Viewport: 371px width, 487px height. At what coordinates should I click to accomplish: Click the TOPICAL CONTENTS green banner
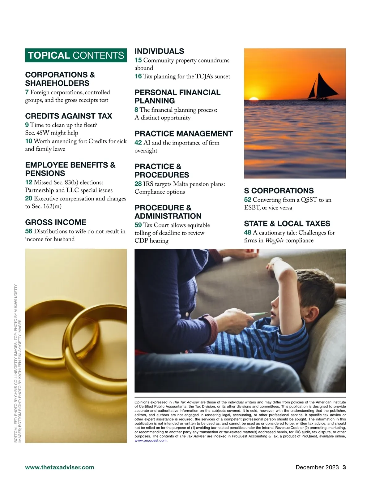point(76,55)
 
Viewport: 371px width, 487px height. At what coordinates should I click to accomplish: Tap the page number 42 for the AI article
point(138,143)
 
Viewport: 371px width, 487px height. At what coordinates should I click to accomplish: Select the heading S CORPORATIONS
point(279,191)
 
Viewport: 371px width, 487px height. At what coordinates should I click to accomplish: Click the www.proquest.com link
point(151,440)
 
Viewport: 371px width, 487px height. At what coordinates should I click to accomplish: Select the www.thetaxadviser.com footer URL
point(60,467)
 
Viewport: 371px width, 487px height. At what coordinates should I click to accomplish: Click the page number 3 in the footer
point(344,467)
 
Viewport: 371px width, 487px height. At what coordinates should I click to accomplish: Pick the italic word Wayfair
point(275,240)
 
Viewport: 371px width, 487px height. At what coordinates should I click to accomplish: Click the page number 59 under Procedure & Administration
point(138,225)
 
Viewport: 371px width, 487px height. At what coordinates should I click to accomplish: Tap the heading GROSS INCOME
point(56,222)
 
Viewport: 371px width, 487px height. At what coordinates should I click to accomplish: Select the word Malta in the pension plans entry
point(181,184)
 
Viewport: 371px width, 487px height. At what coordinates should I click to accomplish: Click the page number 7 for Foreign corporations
point(27,92)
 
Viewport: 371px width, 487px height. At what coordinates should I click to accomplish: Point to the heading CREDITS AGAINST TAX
point(69,116)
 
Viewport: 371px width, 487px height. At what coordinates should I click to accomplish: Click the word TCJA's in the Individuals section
point(204,76)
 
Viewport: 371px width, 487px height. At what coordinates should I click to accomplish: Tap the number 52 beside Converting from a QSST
point(247,200)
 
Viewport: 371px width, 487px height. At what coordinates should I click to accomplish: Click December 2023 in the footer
point(317,467)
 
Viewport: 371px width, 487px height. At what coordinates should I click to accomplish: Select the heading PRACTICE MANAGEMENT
point(184,134)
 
